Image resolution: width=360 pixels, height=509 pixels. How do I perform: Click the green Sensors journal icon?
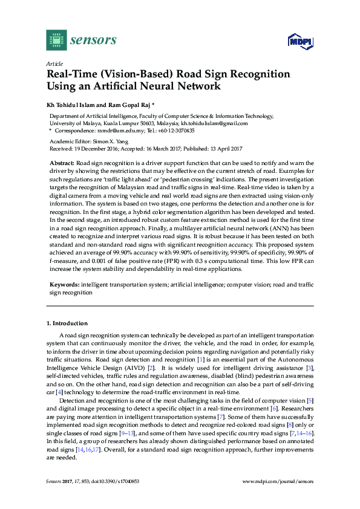click(x=56, y=40)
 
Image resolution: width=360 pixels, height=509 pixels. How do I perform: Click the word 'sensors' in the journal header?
click(x=93, y=40)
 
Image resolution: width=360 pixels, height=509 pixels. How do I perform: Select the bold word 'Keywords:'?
click(x=64, y=284)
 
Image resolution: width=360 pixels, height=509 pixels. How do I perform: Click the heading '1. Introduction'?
click(x=67, y=323)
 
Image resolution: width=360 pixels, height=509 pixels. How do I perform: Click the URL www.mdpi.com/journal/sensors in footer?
click(x=278, y=481)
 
